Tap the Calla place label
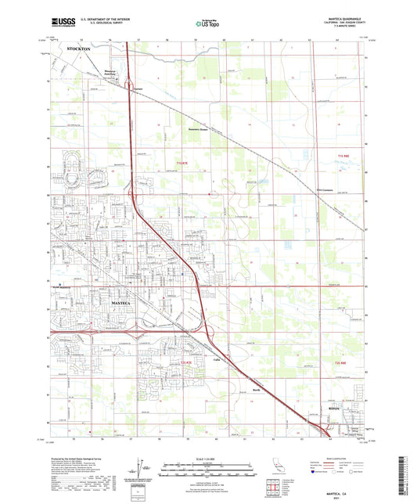pyautogui.click(x=217, y=358)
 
